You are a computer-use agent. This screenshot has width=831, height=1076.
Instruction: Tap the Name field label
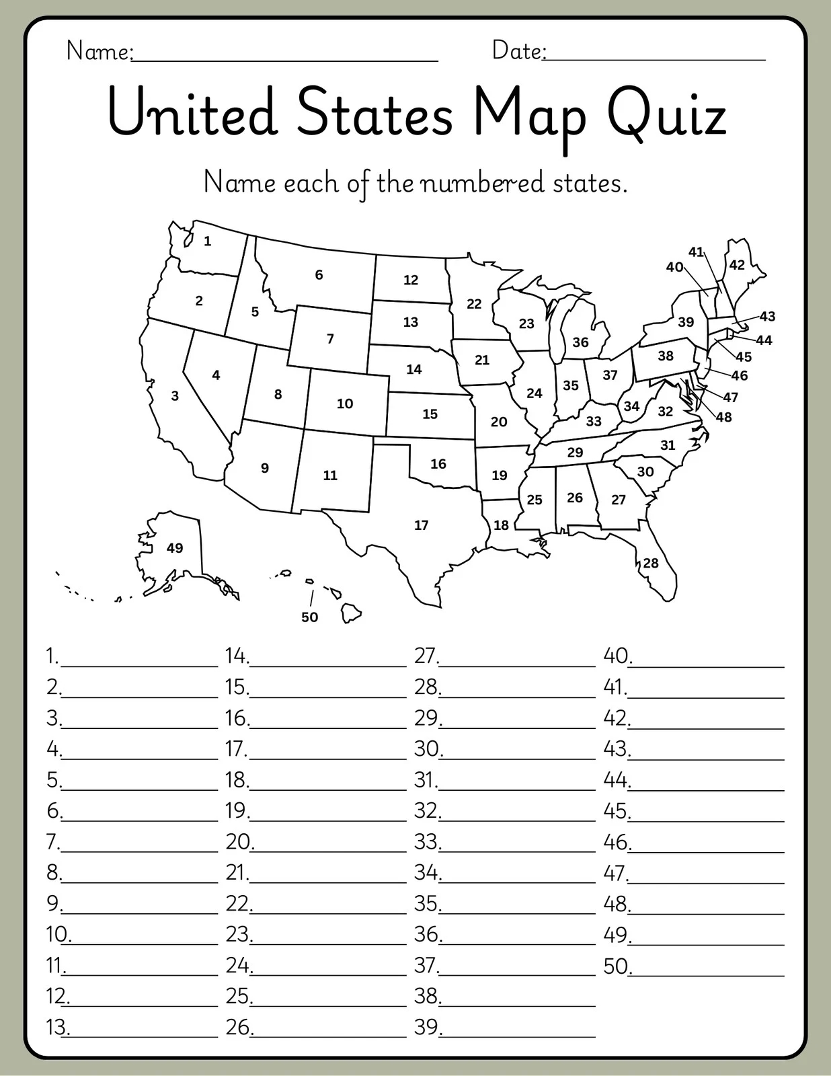100,51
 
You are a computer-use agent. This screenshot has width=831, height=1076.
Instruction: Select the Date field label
518,50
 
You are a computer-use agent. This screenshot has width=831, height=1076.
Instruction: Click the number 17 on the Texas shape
422,525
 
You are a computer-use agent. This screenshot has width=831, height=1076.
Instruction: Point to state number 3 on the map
175,396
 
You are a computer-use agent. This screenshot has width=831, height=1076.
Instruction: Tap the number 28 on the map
651,563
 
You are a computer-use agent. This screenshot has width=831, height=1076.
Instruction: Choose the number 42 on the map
737,265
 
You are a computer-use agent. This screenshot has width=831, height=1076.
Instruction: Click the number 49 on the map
175,548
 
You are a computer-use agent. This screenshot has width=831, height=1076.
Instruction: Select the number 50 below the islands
309,617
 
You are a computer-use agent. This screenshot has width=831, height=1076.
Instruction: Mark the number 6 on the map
319,274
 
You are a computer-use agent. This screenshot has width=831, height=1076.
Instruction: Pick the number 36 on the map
580,342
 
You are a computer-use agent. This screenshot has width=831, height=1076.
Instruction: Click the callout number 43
767,316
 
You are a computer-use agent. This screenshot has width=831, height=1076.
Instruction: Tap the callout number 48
723,417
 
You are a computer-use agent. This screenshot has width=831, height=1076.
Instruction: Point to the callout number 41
696,252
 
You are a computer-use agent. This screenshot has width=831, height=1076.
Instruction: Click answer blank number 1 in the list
139,657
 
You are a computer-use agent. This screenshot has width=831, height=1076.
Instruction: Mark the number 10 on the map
345,403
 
